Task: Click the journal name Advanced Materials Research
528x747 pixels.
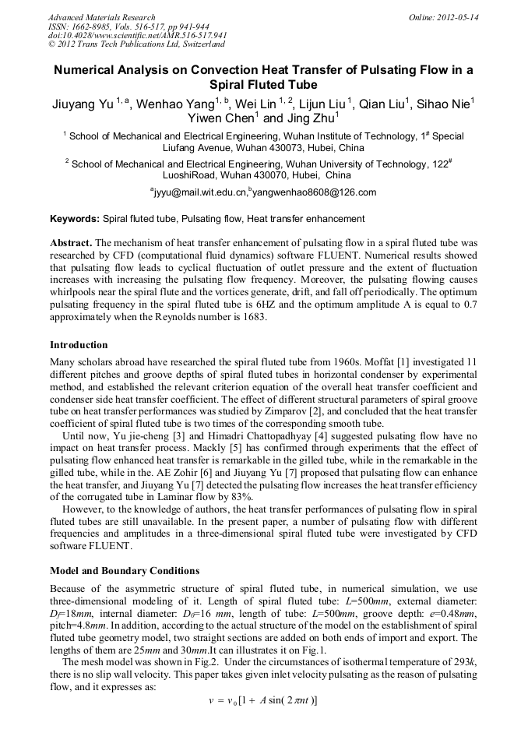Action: [101, 17]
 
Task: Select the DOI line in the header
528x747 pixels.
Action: [137, 35]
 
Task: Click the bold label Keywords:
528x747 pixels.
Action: [75, 220]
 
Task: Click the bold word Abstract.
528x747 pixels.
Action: [71, 243]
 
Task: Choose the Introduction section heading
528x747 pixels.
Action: [79, 345]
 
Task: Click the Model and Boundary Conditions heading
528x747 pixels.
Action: [125, 571]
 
